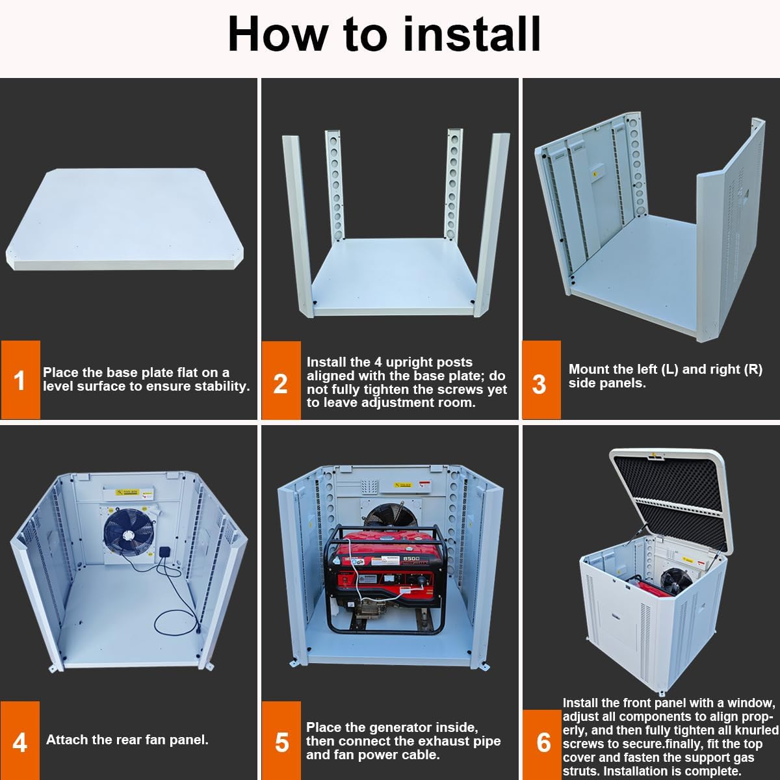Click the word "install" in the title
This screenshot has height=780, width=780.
[x=472, y=34]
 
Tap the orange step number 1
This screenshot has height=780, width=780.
[x=20, y=380]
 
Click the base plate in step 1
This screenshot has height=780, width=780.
[x=125, y=219]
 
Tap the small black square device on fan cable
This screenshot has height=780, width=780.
[x=165, y=552]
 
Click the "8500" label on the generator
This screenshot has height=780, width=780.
[x=411, y=559]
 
